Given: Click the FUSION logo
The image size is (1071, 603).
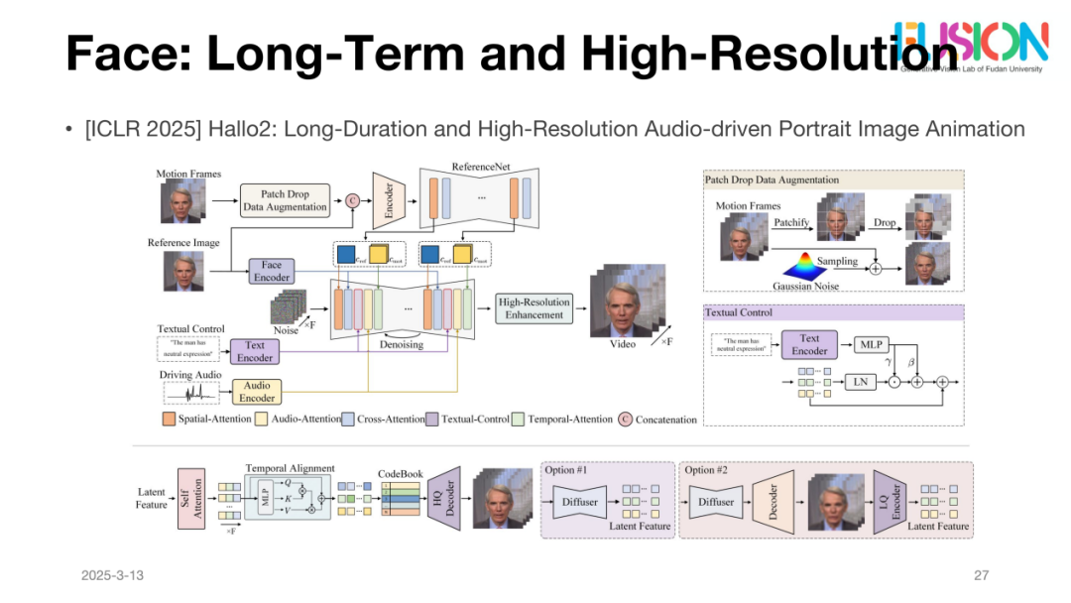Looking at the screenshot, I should (x=971, y=42).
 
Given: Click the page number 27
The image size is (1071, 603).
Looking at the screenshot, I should (x=982, y=576).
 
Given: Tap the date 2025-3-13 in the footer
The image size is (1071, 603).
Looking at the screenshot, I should (x=113, y=576).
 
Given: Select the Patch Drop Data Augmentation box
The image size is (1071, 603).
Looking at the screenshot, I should (x=284, y=200).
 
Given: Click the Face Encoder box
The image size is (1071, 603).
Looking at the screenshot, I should (x=272, y=271).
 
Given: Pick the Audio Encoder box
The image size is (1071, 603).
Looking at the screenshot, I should (x=257, y=392).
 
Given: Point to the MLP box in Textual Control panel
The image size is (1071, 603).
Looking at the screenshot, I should (x=871, y=345).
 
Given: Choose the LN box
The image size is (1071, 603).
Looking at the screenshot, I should (x=861, y=381).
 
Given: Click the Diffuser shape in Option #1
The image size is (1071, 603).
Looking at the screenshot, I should (x=580, y=502).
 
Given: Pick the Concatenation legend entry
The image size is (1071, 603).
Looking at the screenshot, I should (x=658, y=420).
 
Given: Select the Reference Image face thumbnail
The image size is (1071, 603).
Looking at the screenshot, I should (x=182, y=271).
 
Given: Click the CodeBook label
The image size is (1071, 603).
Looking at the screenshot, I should (x=401, y=474).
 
